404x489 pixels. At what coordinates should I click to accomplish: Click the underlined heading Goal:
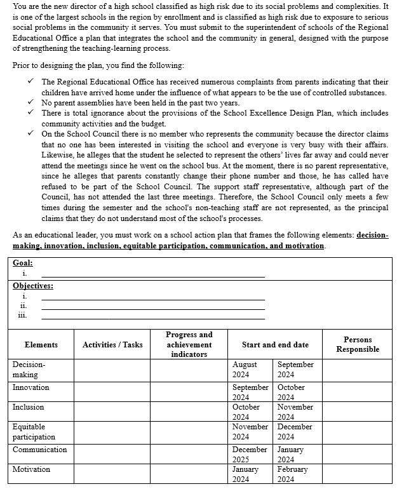click(23, 263)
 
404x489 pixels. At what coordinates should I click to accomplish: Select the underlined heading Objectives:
click(33, 286)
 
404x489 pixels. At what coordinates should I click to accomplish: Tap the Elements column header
click(41, 345)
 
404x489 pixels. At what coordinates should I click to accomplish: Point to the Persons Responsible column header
click(358, 345)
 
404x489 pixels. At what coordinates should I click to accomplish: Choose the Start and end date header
click(275, 345)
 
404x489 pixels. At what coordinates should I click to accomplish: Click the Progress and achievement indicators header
click(189, 344)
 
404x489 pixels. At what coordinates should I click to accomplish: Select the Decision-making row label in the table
click(29, 370)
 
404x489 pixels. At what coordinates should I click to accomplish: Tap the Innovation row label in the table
click(30, 387)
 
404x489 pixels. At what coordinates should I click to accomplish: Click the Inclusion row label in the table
click(29, 407)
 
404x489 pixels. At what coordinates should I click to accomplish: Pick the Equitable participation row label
click(34, 432)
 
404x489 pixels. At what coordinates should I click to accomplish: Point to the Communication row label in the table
click(39, 450)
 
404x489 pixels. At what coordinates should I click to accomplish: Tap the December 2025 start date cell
click(250, 454)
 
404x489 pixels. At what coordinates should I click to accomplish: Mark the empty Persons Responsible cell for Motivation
click(358, 474)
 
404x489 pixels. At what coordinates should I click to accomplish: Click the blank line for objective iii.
click(152, 318)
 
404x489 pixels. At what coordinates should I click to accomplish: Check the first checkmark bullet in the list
click(30, 82)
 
